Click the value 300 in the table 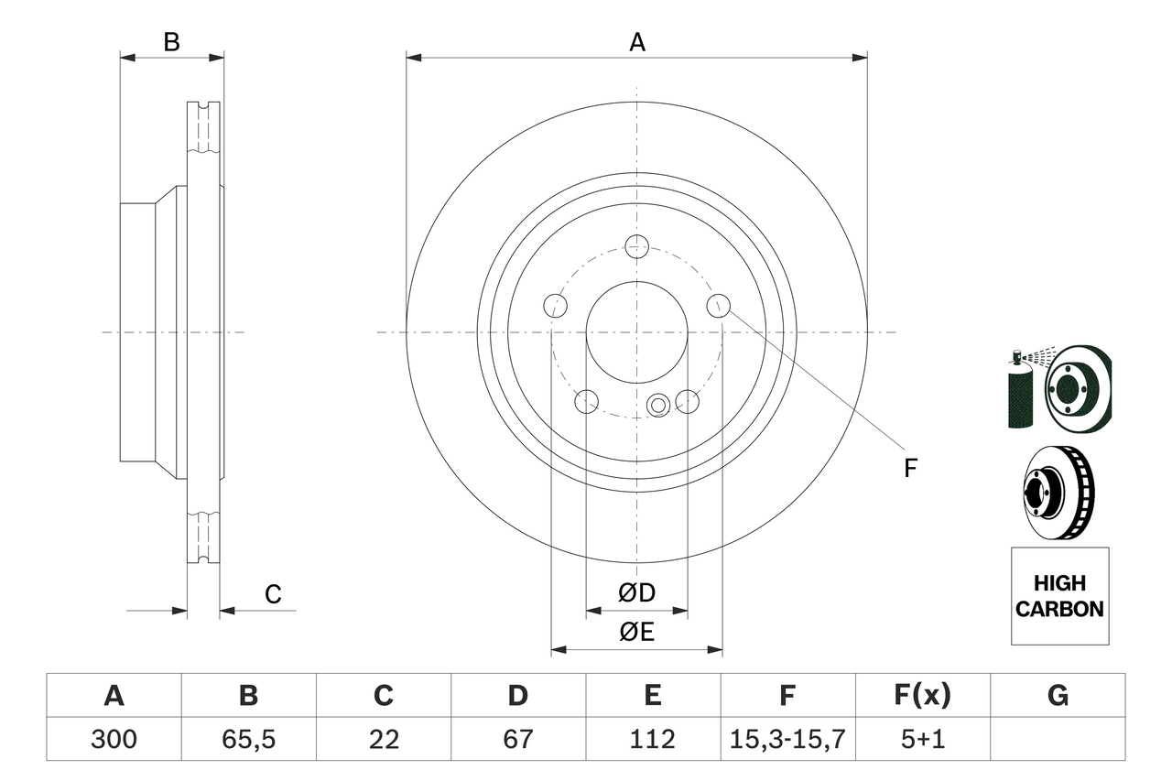114,739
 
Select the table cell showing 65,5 248,739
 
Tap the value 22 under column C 383,739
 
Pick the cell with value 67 517,739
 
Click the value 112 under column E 652,739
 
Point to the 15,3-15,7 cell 787,739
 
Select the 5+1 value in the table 922,739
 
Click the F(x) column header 922,696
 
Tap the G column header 1058,696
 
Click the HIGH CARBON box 1059,596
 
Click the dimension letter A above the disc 636,42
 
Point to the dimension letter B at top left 171,42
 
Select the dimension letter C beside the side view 273,594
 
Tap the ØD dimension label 636,593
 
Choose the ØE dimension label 636,633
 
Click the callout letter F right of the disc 909,469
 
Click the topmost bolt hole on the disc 636,245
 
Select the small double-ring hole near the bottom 657,405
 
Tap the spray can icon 1018,392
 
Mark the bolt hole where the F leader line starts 719,305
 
